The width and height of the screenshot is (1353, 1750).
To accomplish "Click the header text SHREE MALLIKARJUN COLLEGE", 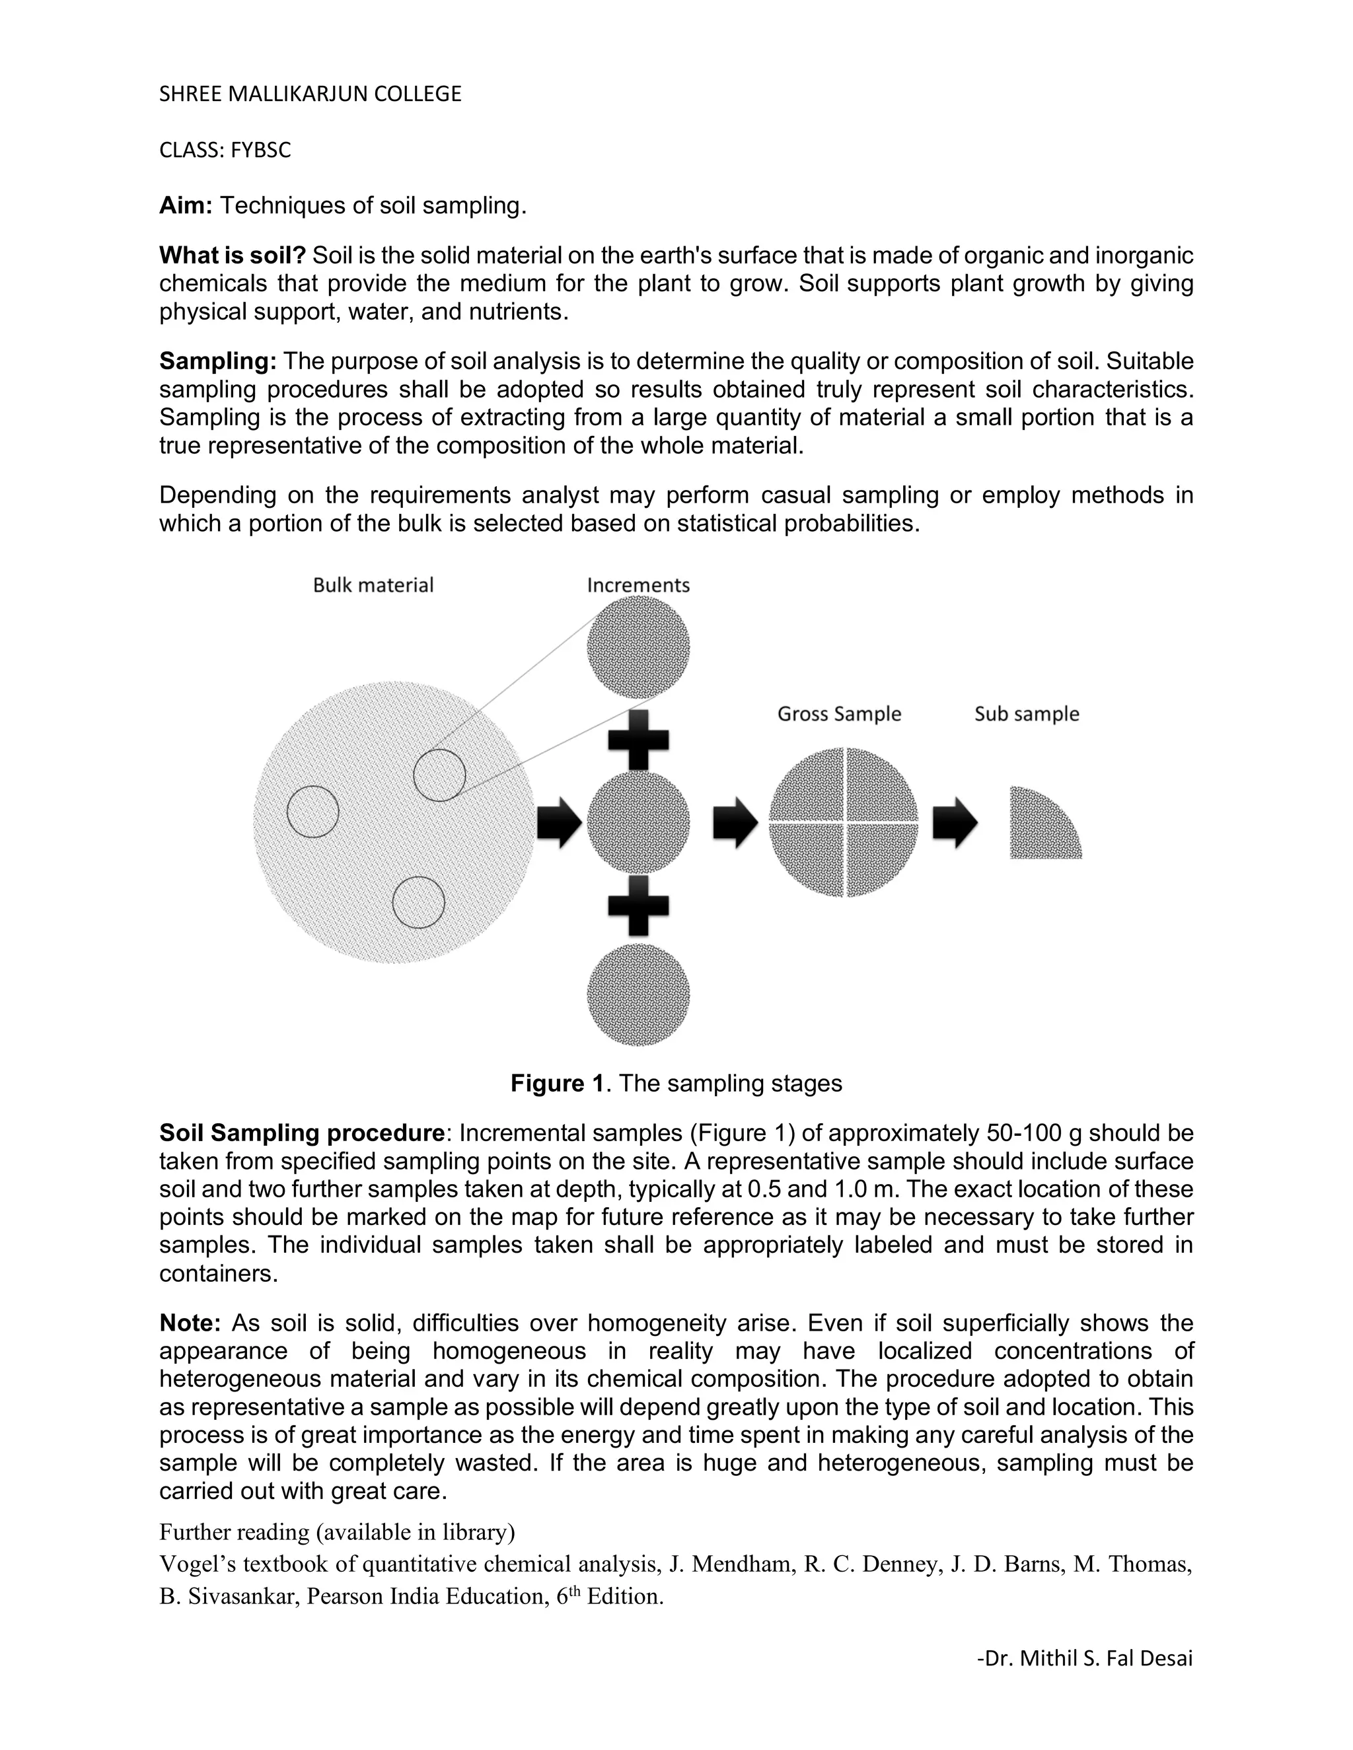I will pos(311,94).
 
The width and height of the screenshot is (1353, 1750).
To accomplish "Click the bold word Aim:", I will pos(185,206).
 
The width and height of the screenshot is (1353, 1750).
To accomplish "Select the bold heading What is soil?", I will pos(233,256).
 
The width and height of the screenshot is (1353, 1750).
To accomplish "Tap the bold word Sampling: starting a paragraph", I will pos(218,361).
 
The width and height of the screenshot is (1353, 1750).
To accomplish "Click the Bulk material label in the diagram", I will pos(373,585).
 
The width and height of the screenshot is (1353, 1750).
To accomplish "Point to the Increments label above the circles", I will pos(638,585).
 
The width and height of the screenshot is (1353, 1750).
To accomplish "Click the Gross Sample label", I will pos(839,714).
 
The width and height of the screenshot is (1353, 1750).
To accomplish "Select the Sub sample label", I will pos(1027,714).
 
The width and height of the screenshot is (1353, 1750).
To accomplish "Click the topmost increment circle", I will pos(638,647).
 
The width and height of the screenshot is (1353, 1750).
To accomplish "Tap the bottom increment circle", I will pos(638,995).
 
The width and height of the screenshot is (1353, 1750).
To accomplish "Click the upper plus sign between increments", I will pos(638,739).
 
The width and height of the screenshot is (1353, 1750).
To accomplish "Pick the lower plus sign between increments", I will pos(638,905).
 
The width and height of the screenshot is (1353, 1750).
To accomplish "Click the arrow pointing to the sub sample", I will pos(955,822).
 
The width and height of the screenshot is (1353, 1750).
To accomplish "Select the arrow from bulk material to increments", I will pos(560,822).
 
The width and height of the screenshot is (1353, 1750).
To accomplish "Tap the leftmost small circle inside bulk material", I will pos(312,812).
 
